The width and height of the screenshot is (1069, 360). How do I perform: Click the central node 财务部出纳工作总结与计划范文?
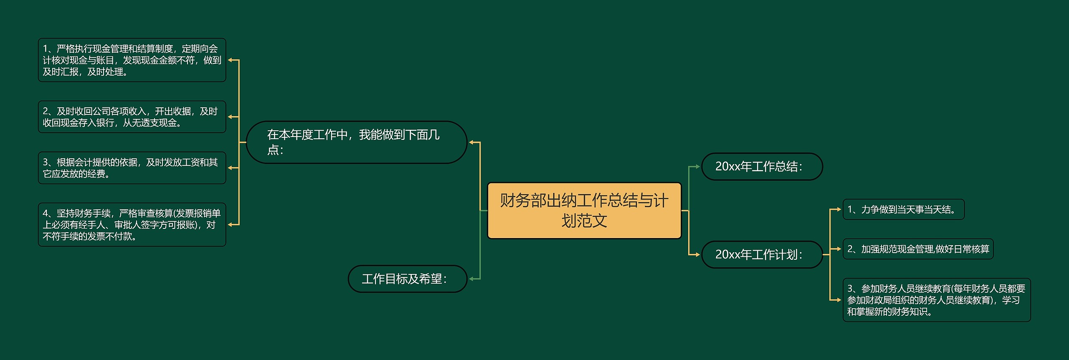584,210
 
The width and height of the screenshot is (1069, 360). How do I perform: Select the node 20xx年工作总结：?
762,167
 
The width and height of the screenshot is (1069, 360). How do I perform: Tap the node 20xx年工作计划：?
762,254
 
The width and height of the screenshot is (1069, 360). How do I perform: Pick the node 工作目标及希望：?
407,279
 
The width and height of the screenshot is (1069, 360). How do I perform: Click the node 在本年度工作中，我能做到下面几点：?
356,142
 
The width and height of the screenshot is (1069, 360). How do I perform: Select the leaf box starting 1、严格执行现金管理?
132,60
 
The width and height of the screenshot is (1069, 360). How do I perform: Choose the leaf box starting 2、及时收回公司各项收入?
132,117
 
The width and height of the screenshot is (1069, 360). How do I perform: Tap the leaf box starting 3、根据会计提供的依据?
132,168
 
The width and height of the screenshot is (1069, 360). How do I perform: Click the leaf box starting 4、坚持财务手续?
132,225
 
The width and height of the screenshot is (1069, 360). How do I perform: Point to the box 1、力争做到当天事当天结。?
903,209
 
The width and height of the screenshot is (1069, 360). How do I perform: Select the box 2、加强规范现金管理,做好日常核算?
918,249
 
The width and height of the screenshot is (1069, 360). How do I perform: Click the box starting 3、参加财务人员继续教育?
936,300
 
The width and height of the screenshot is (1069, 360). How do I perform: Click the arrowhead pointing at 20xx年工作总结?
697,167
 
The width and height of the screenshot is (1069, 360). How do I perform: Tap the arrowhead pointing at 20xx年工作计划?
697,254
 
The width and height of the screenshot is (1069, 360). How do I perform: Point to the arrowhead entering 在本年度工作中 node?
472,142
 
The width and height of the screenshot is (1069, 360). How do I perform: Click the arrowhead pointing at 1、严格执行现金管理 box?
231,60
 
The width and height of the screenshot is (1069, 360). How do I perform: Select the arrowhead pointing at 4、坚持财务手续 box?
231,225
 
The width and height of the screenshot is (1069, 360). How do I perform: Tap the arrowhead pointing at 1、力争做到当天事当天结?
838,209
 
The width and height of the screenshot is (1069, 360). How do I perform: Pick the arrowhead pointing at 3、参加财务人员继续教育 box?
838,300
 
